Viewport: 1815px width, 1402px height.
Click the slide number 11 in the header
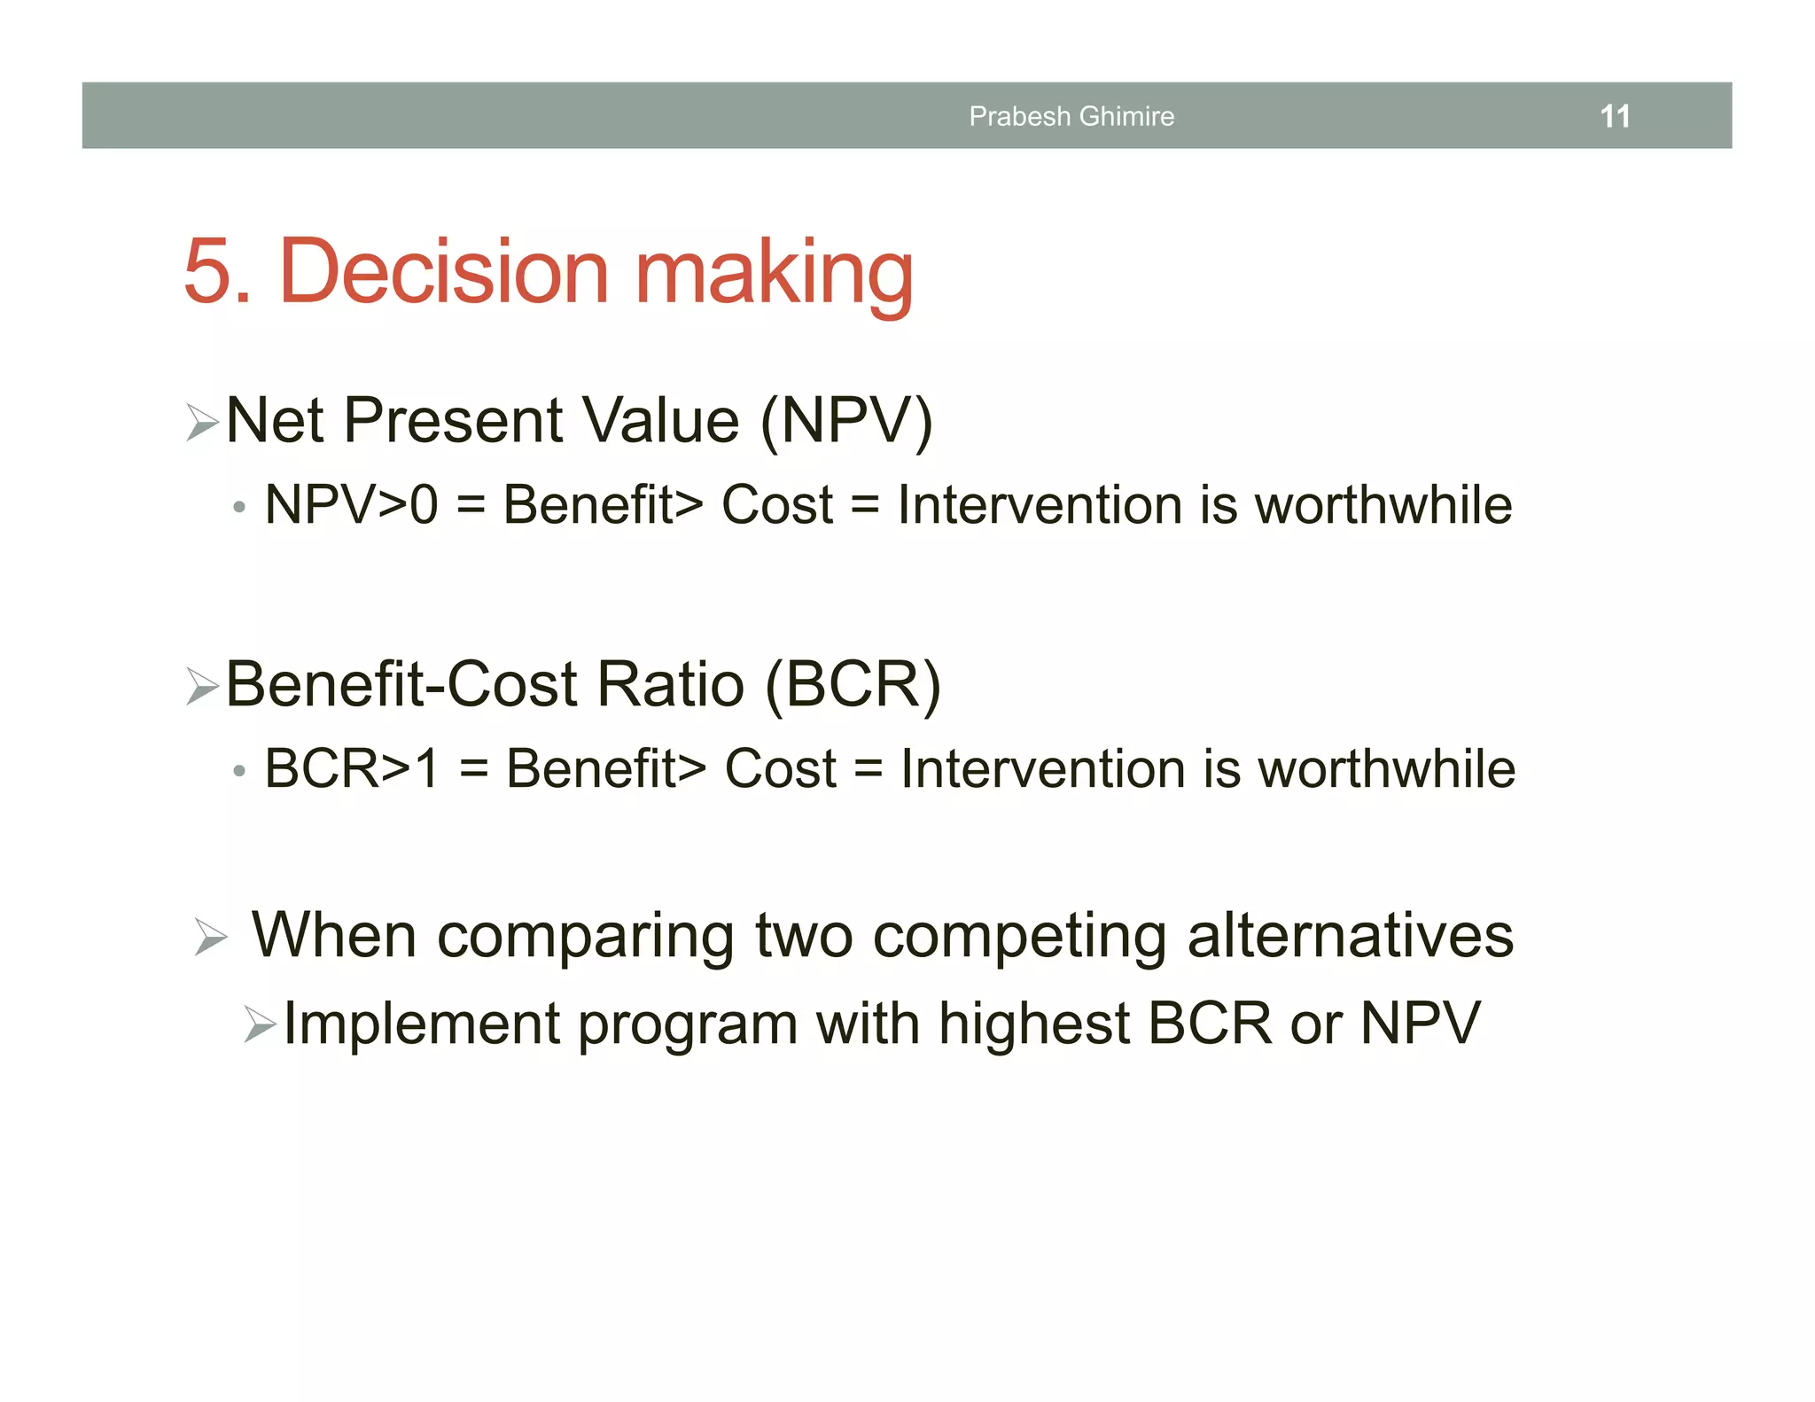(x=1615, y=116)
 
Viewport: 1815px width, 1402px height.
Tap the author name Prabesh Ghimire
(x=1071, y=116)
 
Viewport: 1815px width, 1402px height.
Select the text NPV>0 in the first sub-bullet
(x=352, y=505)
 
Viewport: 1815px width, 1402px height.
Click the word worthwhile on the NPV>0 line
(x=1383, y=505)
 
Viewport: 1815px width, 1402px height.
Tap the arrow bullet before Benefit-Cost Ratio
(x=203, y=686)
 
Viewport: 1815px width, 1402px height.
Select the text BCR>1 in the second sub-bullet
(x=352, y=768)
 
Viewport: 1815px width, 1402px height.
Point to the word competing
(x=1019, y=938)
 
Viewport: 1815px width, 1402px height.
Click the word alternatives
(x=1350, y=936)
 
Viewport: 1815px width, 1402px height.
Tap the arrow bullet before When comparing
(x=211, y=938)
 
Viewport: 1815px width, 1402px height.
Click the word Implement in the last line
(x=422, y=1024)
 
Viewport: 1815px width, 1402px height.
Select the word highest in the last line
(x=1033, y=1024)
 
